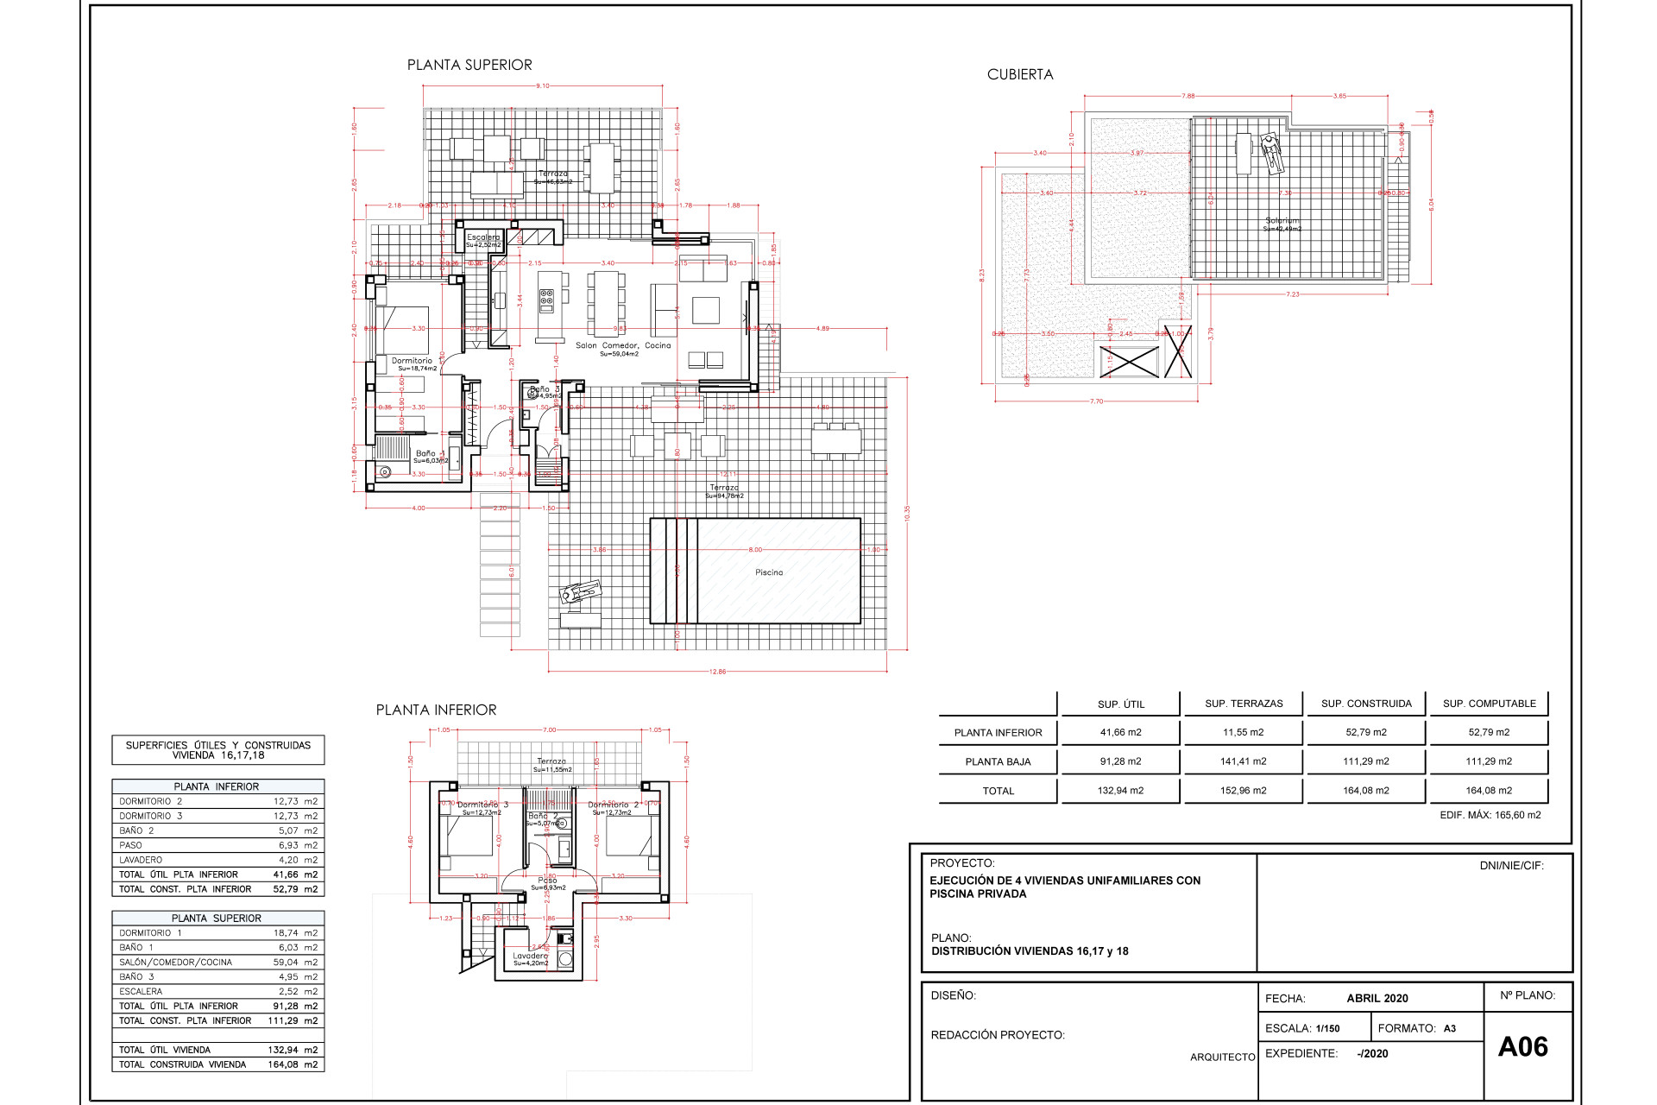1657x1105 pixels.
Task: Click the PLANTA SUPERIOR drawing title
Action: (x=469, y=65)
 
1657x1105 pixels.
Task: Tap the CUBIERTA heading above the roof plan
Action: (x=1020, y=75)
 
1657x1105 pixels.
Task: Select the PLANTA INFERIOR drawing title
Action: (x=436, y=710)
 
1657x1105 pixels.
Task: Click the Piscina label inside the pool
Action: (x=769, y=572)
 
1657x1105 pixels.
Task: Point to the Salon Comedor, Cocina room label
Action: (x=623, y=345)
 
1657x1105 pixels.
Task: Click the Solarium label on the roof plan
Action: (x=1282, y=221)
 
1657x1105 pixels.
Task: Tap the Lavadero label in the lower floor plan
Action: (x=530, y=956)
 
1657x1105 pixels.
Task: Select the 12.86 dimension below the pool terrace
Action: (x=717, y=672)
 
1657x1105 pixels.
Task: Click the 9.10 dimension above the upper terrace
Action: (x=542, y=85)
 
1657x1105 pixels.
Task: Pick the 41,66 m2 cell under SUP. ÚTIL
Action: (x=1120, y=732)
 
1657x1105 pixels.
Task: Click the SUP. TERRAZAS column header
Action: (x=1244, y=704)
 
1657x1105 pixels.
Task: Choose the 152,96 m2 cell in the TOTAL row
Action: (x=1244, y=790)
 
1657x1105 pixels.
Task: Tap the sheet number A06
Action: (x=1522, y=1047)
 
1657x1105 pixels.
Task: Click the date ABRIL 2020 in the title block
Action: (x=1377, y=998)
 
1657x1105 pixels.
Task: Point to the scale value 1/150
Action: (x=1327, y=1028)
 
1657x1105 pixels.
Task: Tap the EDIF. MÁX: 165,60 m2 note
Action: (x=1490, y=815)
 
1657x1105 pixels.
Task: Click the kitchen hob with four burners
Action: (x=546, y=300)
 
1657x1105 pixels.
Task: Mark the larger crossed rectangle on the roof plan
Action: (x=1129, y=362)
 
